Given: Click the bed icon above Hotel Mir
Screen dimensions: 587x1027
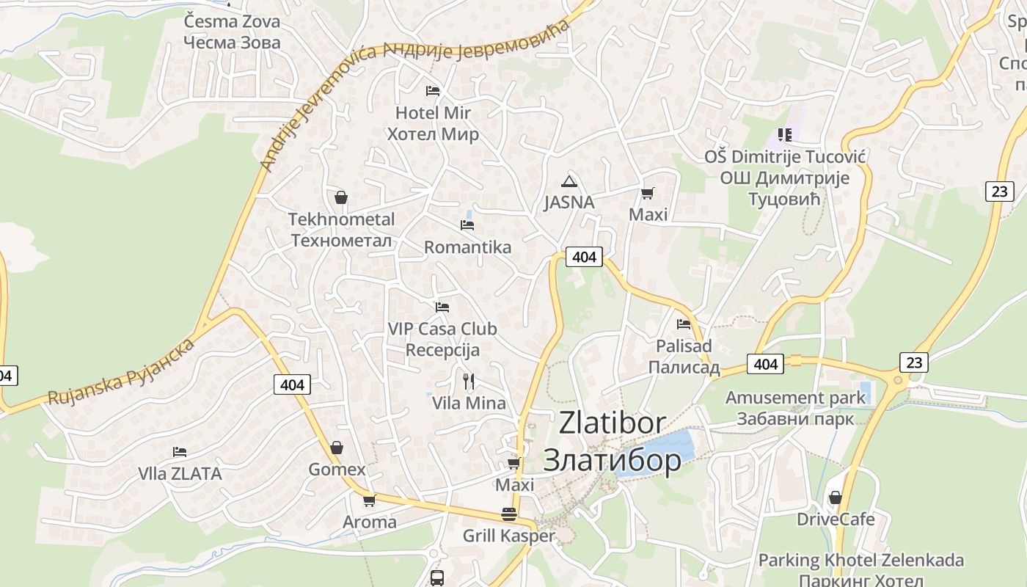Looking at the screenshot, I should (433, 91).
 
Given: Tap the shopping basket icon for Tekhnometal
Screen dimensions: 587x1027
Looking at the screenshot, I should (340, 197).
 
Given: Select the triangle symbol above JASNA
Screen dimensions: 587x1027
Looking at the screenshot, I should (569, 181).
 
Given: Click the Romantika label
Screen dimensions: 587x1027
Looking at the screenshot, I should (467, 247).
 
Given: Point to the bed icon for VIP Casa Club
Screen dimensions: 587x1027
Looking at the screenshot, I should (442, 307).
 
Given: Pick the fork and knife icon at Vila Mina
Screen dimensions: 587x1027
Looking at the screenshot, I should (469, 381).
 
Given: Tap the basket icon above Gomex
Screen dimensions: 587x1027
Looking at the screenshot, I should (336, 447).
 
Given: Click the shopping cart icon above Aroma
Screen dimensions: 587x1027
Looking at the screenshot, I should (369, 500).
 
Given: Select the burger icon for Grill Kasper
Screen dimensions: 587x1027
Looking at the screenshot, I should (509, 514).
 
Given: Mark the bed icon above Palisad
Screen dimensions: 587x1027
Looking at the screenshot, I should (684, 324).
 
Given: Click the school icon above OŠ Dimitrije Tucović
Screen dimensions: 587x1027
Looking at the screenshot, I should (785, 135).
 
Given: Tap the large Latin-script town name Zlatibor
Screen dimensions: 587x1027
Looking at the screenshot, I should (613, 423).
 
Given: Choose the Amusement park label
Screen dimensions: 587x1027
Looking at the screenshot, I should (795, 398).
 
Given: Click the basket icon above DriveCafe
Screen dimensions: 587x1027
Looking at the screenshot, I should (835, 497).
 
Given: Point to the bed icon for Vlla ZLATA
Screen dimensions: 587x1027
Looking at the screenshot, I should (180, 451).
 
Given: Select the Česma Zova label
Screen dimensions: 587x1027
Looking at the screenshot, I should (232, 21).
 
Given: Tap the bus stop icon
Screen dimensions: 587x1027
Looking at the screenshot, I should (437, 577).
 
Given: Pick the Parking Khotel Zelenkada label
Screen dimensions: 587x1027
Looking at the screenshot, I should (860, 560).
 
